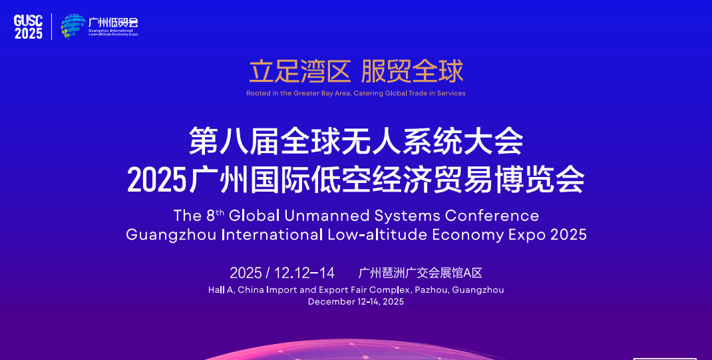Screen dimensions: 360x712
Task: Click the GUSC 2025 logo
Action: pyautogui.click(x=28, y=27)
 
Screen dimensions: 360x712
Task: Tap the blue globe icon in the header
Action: pyautogui.click(x=73, y=27)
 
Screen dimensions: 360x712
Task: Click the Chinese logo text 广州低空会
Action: pyautogui.click(x=113, y=22)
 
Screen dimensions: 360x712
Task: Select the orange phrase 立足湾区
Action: pyautogui.click(x=299, y=71)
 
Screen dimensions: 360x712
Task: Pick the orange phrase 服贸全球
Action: pyautogui.click(x=411, y=71)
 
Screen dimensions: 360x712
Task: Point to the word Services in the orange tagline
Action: pyautogui.click(x=451, y=93)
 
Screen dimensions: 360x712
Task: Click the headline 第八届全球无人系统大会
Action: pyautogui.click(x=356, y=142)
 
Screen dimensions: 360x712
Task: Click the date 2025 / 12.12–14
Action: pyautogui.click(x=282, y=273)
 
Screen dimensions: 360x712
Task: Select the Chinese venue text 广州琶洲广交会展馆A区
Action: pyautogui.click(x=420, y=273)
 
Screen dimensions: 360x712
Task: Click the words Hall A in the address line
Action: pyautogui.click(x=220, y=290)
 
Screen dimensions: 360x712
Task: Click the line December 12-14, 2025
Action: pyautogui.click(x=356, y=301)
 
